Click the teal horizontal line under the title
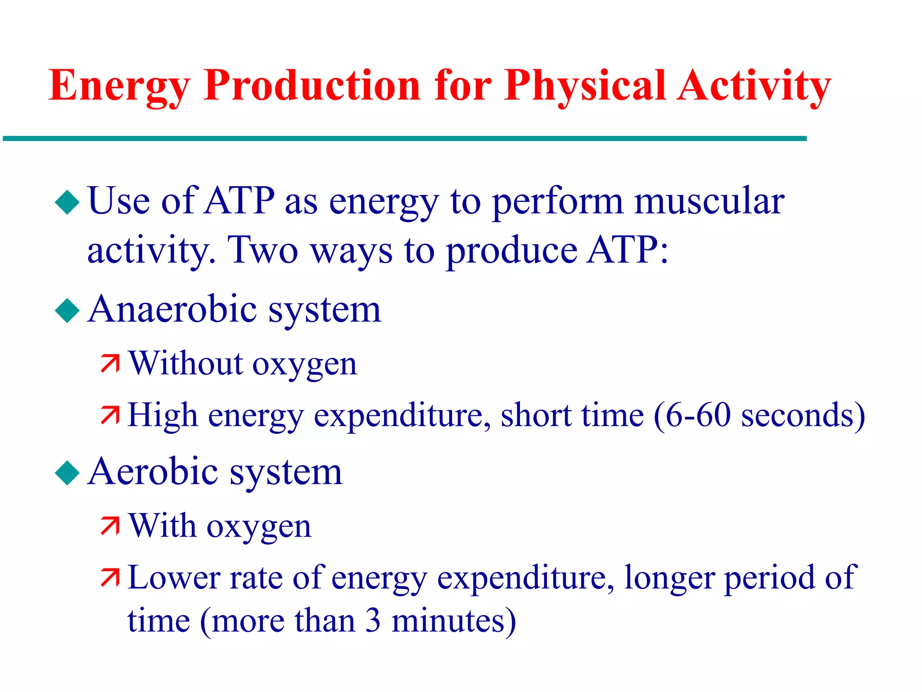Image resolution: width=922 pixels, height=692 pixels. pos(405,139)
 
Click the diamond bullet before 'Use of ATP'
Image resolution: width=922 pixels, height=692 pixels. pos(67,202)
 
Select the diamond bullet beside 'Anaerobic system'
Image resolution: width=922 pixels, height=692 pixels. pos(67,310)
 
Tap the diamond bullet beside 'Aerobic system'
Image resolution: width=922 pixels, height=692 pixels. pos(67,473)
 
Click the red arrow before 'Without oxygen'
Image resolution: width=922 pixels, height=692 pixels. pos(110,364)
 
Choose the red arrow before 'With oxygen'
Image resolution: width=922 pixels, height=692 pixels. pos(110,526)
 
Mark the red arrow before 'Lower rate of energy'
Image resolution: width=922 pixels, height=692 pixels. pos(110,578)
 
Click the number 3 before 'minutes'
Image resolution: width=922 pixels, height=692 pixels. pos(373,620)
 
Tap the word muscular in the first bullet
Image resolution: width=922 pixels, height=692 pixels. pos(709,201)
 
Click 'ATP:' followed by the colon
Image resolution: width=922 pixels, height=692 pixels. pos(628,250)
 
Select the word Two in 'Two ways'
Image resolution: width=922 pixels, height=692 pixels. pos(263,250)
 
